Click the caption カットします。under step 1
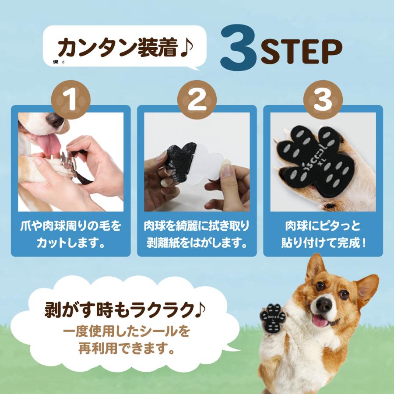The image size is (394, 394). click(x=70, y=242)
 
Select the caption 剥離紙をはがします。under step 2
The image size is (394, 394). click(x=197, y=242)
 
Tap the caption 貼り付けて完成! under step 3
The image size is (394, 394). click(x=323, y=242)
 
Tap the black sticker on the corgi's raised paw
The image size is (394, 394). click(x=272, y=317)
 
